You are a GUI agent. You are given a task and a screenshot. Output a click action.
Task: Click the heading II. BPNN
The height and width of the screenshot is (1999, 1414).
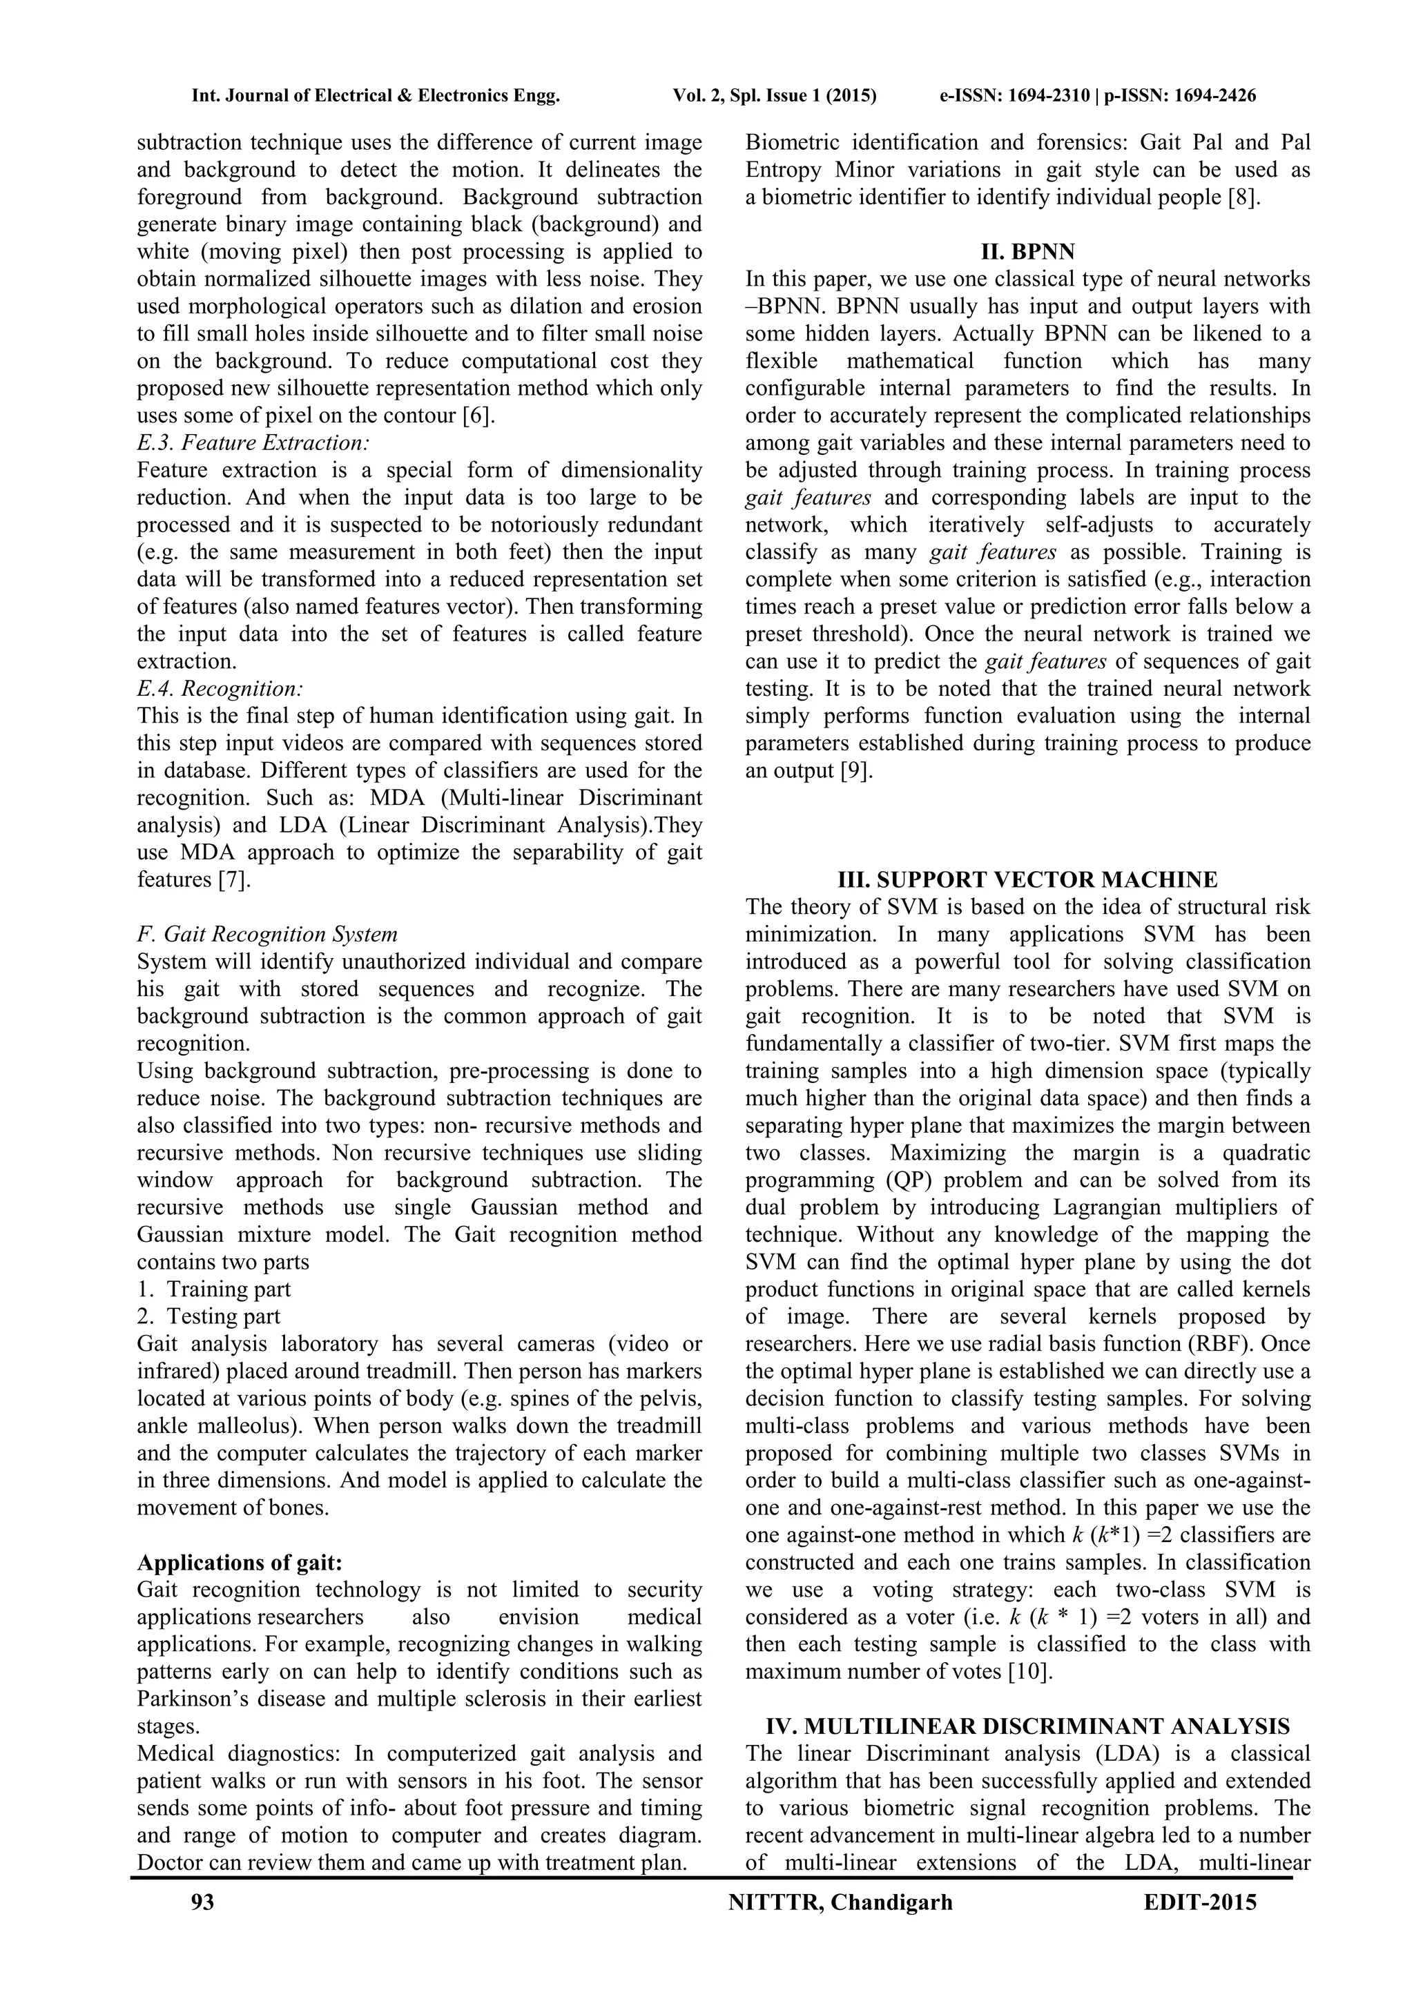1027,253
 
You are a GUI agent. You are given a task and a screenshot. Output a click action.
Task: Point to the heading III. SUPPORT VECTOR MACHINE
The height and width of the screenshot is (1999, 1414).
1027,879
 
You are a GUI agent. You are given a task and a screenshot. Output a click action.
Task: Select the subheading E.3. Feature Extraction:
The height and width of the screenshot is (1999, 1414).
253,443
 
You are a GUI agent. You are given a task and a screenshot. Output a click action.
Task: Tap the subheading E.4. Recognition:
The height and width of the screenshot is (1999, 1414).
220,689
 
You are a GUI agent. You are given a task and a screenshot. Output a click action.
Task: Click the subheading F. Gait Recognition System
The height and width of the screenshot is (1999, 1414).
267,934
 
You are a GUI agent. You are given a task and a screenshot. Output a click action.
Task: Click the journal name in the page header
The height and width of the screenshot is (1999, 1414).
376,96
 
